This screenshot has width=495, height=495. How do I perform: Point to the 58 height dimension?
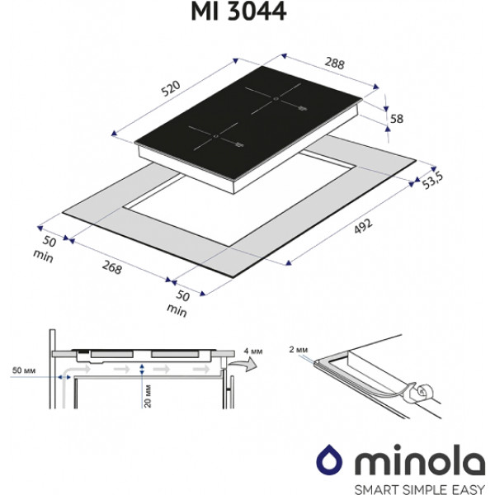pos(396,119)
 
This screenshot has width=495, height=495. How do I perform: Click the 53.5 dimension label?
pos(433,178)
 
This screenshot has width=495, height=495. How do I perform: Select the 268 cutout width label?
pos(111,266)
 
